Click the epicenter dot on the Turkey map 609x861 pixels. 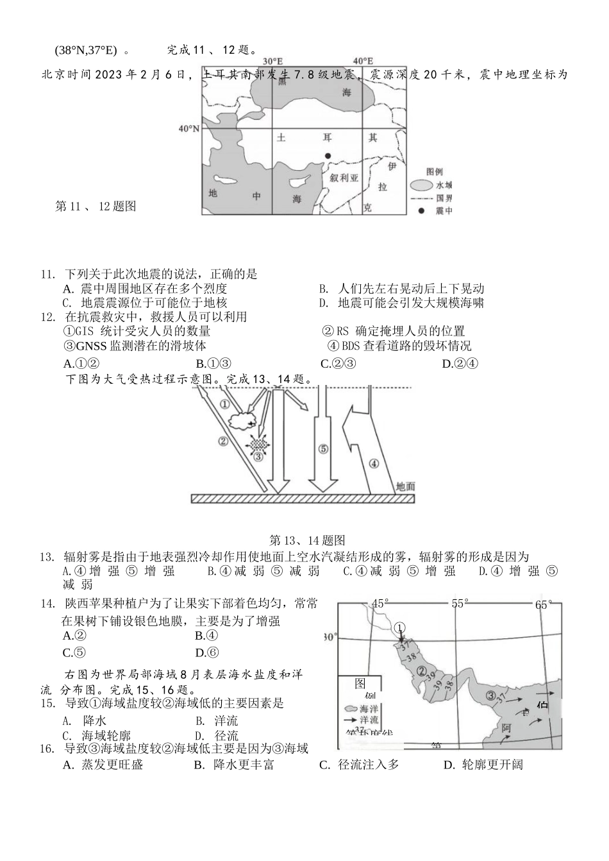pos(328,155)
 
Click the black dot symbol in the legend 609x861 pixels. pos(421,210)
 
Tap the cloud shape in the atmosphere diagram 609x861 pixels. pos(243,422)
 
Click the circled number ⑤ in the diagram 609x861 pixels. pos(323,449)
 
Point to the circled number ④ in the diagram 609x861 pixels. pos(374,463)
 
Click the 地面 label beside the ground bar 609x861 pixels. pos(405,486)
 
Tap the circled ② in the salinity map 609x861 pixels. pos(422,671)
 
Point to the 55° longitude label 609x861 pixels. pos(460,604)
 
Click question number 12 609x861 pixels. pos(46,317)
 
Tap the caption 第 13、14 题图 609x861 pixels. pos(307,540)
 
